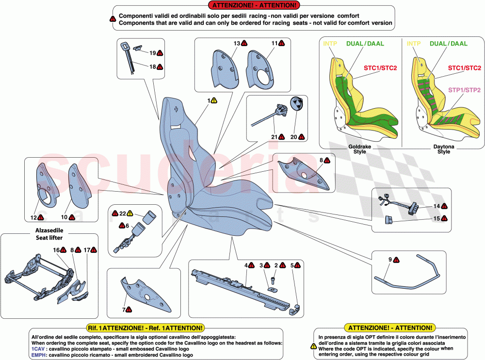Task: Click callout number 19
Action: (152, 52)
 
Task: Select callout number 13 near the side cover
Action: (237, 44)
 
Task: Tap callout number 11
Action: (274, 44)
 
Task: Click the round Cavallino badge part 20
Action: (296, 106)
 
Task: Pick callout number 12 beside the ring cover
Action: (33, 217)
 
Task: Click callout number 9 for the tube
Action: (390, 260)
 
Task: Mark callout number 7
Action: (124, 309)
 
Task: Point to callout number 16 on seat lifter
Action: (56, 250)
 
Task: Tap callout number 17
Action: (87, 250)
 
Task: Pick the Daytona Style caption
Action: (443, 148)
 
